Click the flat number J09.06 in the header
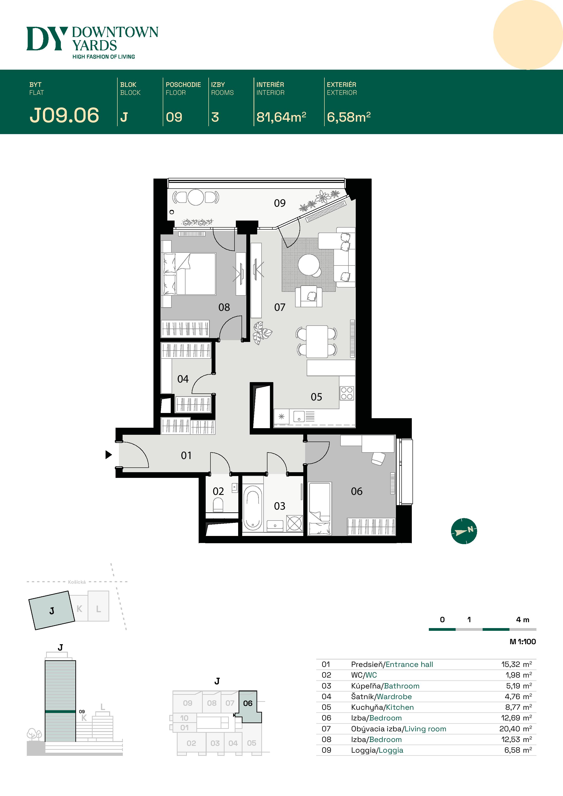click(x=64, y=115)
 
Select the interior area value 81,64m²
click(x=281, y=117)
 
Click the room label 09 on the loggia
click(x=280, y=203)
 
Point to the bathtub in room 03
click(x=252, y=508)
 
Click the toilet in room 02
click(x=218, y=505)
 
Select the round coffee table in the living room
click(x=309, y=265)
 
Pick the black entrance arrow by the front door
click(x=109, y=455)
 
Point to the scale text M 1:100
click(x=522, y=642)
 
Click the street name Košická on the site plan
click(x=77, y=582)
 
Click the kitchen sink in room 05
click(x=299, y=416)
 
